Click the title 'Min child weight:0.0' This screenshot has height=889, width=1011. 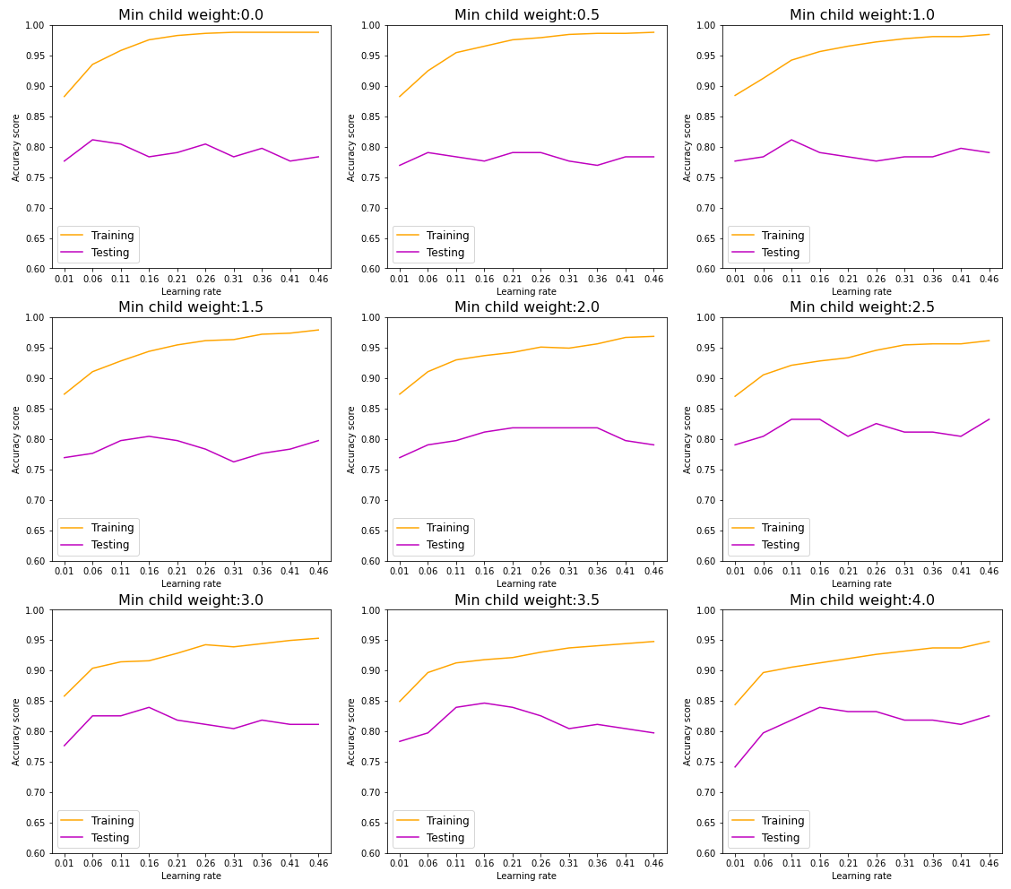(191, 15)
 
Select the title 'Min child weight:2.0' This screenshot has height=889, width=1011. (526, 307)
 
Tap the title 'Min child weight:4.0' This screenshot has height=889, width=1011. (861, 600)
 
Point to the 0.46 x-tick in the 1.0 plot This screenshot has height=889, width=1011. (989, 280)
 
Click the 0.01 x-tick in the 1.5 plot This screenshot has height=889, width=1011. (64, 572)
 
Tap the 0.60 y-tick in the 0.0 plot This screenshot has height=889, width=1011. (39, 269)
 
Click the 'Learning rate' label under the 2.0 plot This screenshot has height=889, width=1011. (526, 584)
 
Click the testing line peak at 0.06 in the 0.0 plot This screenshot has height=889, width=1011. (92, 140)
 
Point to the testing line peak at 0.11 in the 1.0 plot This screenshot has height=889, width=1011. (791, 140)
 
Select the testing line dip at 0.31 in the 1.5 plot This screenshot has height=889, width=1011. (234, 462)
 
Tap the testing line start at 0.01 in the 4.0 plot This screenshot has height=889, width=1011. (735, 766)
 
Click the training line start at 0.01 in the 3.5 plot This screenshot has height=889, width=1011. (400, 701)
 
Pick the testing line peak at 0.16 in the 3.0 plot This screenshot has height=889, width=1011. (149, 707)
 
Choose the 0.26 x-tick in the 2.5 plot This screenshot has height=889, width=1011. (876, 572)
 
